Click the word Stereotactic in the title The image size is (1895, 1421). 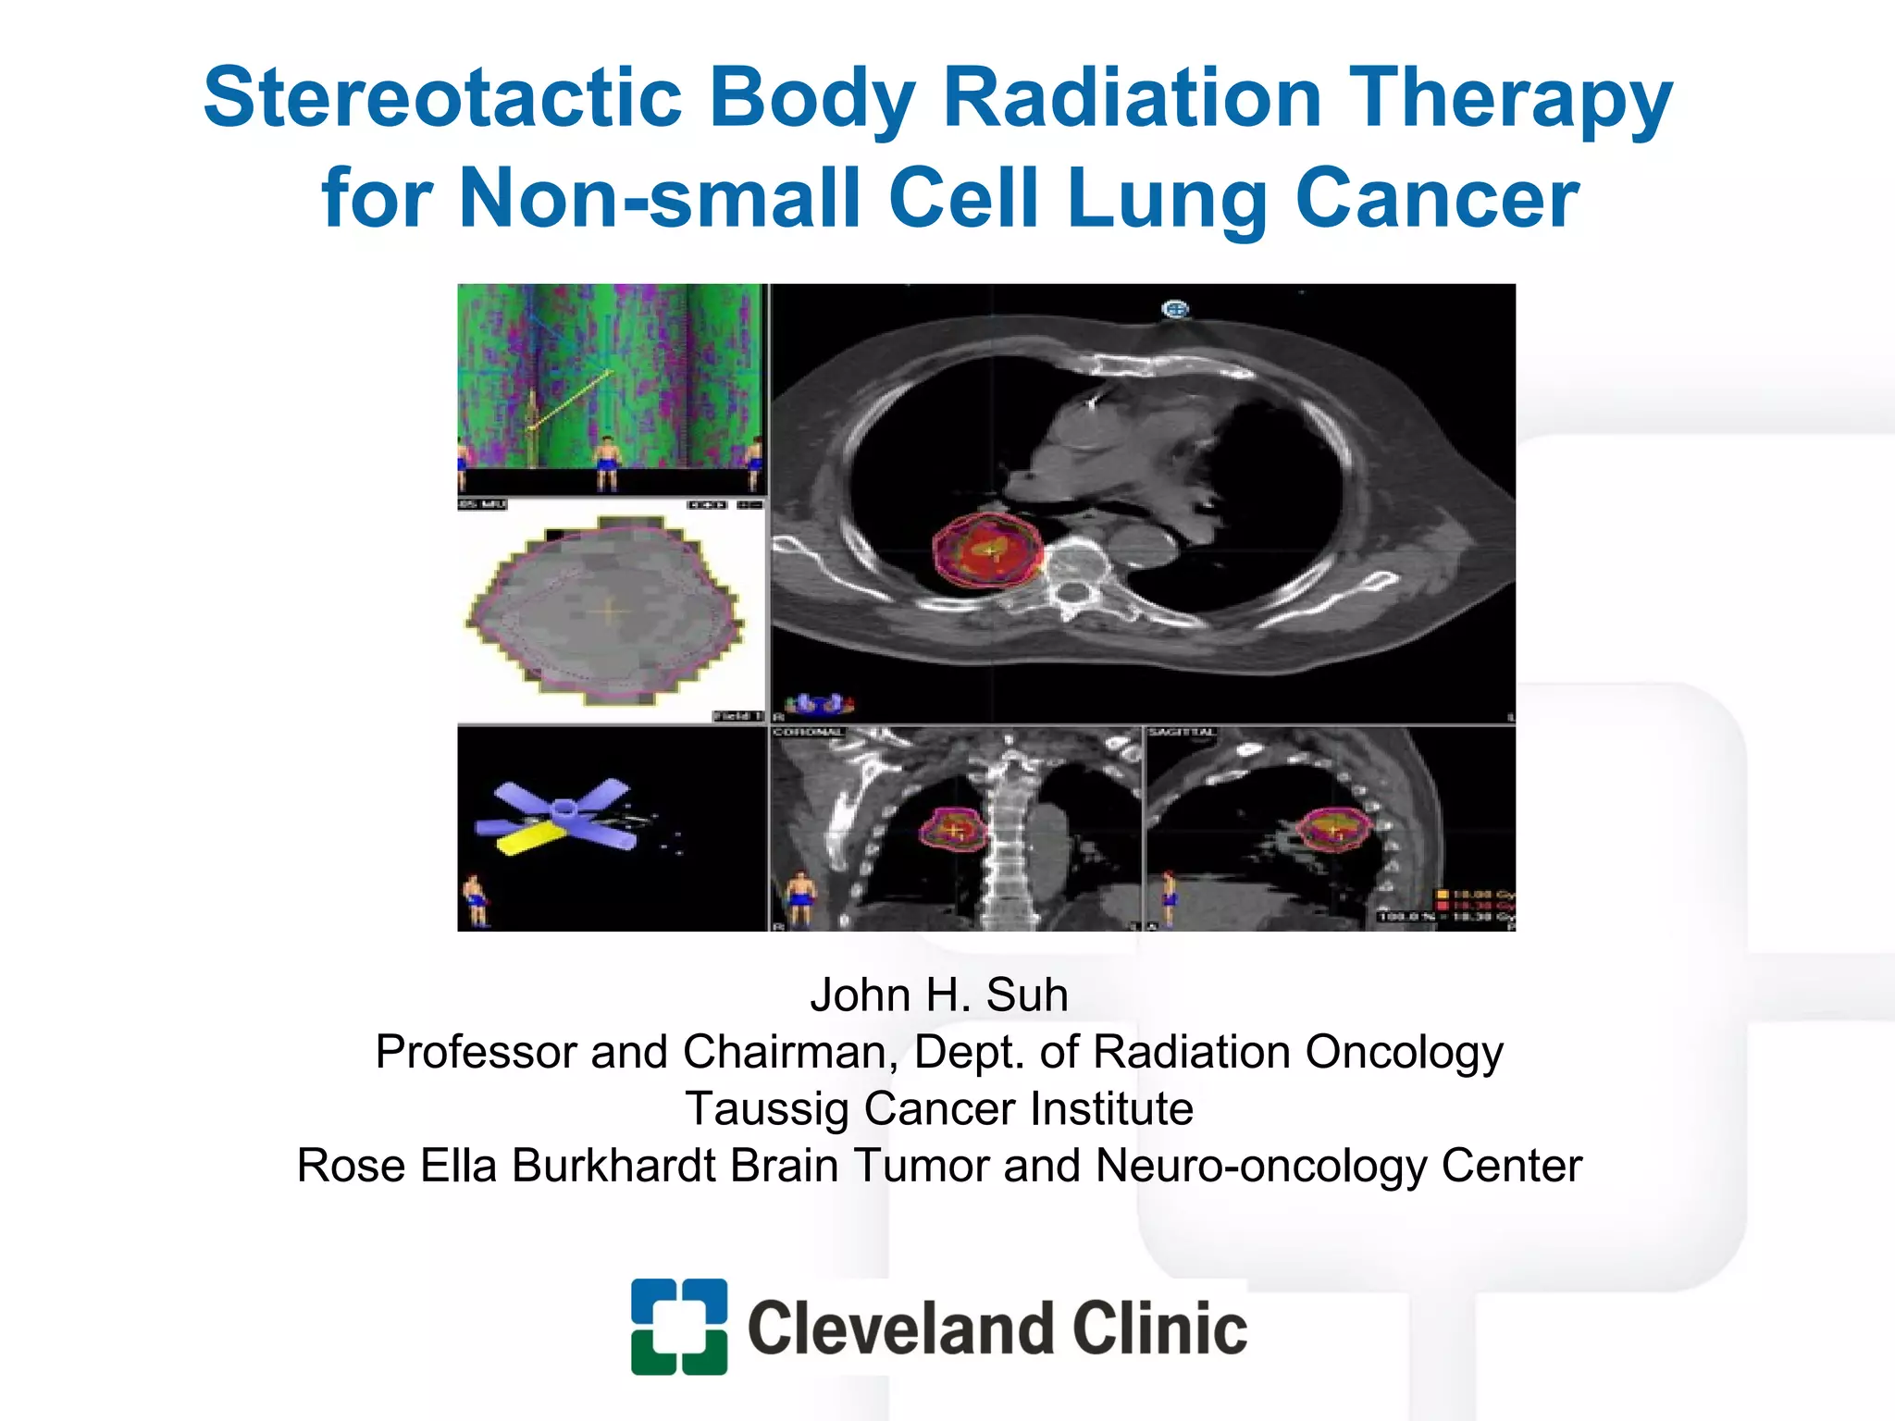tap(442, 98)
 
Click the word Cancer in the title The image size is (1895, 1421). tap(1437, 198)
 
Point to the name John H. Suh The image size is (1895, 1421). tap(938, 995)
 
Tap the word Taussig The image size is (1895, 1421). tap(766, 1109)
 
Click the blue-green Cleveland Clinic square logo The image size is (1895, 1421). tap(678, 1326)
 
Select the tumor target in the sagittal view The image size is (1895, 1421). tap(1333, 828)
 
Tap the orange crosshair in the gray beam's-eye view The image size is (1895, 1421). tap(608, 611)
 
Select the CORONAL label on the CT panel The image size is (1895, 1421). tap(807, 733)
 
